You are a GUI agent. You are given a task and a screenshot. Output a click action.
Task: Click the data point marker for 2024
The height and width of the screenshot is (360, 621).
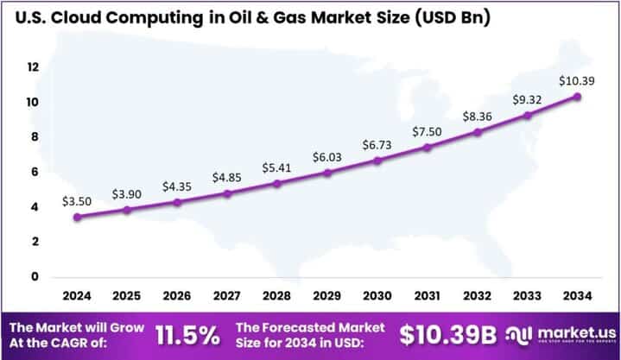77,217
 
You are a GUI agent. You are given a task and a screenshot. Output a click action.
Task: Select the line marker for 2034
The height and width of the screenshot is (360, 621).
577,96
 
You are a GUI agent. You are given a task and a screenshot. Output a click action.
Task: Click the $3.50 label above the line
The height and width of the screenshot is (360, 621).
76,200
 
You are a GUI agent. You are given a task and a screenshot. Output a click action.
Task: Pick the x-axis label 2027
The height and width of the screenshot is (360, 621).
227,296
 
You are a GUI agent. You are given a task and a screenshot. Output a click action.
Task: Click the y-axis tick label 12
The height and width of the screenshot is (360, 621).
33,66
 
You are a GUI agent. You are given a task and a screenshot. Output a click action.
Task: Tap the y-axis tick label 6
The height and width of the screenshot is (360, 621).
33,172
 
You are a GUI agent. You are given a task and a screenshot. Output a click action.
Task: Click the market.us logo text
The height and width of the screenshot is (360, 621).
573,332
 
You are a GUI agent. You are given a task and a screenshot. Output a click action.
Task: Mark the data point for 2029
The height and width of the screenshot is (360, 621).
327,173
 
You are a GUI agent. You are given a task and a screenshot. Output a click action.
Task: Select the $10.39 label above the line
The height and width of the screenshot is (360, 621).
576,79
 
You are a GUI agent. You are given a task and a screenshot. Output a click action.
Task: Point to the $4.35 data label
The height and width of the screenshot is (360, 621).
177,186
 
